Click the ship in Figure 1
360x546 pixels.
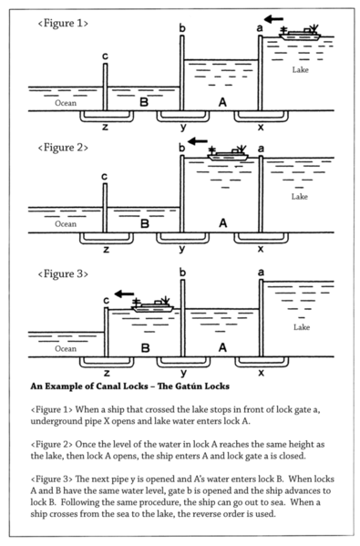click(x=300, y=33)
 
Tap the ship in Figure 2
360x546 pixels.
click(x=228, y=153)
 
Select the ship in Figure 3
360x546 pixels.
click(x=152, y=304)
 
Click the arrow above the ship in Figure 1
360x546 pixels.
click(x=273, y=19)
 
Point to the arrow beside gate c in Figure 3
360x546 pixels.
click(x=124, y=294)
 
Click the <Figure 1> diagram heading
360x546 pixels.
click(x=63, y=24)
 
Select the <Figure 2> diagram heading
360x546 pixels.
click(x=63, y=148)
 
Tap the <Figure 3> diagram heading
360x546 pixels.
click(x=63, y=274)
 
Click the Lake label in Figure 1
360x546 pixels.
click(x=300, y=70)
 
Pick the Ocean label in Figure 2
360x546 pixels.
click(x=66, y=224)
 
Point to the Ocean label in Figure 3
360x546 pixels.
click(x=66, y=348)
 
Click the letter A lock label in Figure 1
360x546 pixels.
click(x=222, y=102)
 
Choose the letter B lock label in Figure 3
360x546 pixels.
click(x=145, y=348)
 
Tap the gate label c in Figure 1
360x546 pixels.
click(x=105, y=57)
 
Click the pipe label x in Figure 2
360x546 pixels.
click(x=261, y=249)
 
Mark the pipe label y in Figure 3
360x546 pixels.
click(x=183, y=374)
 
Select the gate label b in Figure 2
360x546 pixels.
click(x=181, y=148)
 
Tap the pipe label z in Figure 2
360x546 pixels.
click(x=107, y=250)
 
